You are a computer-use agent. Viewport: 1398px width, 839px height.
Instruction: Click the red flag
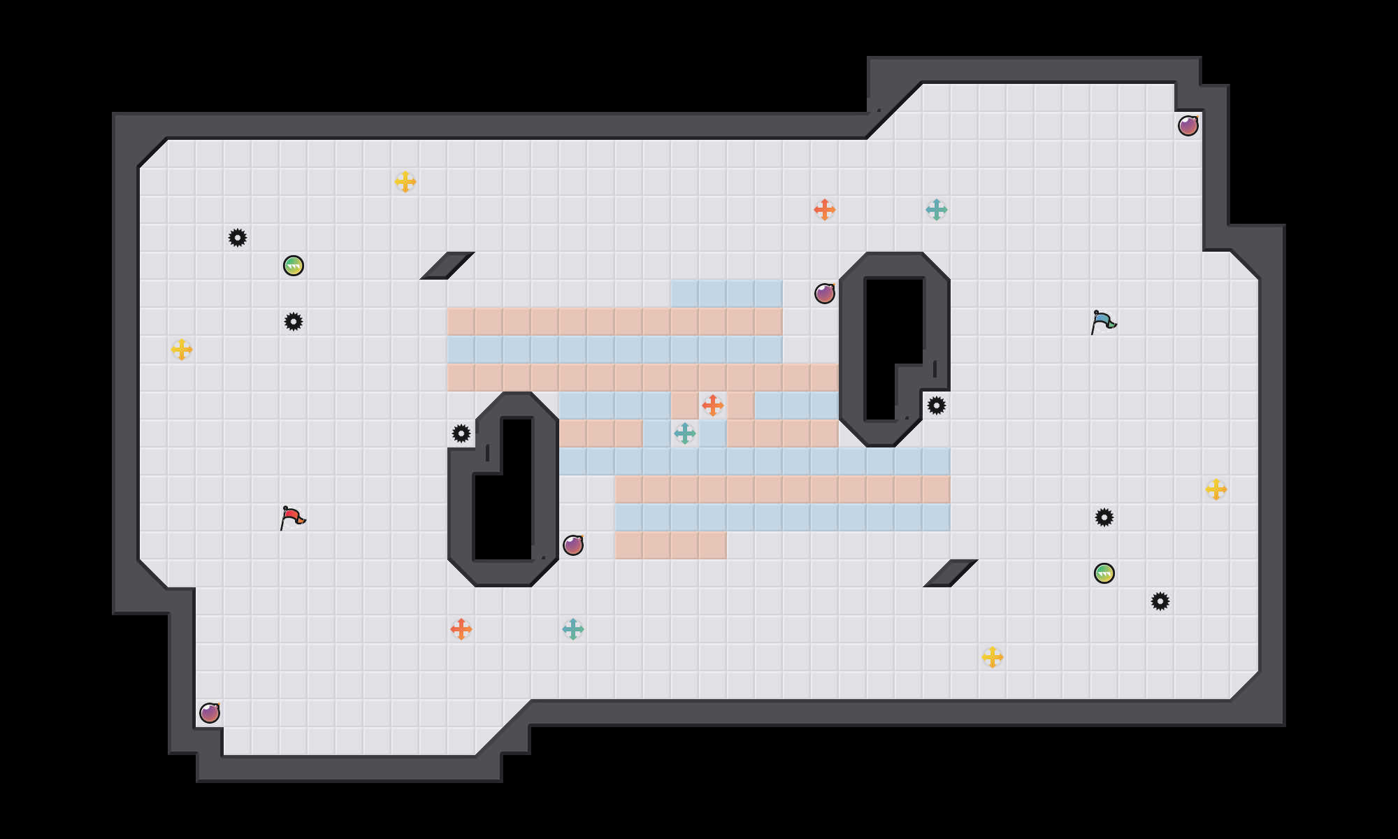pos(292,517)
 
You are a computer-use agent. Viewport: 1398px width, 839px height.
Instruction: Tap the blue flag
pos(1103,322)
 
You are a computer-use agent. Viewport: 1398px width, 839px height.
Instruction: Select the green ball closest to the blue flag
pos(1104,573)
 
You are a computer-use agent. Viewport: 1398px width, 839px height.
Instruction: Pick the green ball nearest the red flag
pos(294,266)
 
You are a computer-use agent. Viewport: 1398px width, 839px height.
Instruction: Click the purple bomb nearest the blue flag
pos(1188,126)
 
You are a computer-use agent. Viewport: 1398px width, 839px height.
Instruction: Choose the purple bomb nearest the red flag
pos(210,713)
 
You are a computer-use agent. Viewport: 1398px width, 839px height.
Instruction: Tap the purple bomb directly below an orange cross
pos(825,294)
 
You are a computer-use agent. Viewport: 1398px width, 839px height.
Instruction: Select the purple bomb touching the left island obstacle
pos(573,545)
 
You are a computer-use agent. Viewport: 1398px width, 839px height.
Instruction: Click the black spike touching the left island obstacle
pos(461,433)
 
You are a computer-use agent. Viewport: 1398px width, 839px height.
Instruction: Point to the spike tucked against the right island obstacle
pos(937,406)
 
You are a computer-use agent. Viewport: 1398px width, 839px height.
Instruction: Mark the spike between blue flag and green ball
pos(1104,517)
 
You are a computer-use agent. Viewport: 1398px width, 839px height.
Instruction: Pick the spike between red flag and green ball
pos(294,322)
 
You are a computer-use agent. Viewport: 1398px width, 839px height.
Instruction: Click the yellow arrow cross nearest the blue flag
pos(1216,489)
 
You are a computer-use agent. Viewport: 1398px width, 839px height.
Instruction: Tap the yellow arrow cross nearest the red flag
pos(182,350)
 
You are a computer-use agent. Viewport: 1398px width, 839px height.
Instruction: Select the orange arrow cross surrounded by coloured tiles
pos(713,406)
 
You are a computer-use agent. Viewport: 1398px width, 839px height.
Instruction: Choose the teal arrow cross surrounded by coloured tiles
pos(685,433)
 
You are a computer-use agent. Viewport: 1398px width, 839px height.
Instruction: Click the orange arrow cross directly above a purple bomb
pos(825,210)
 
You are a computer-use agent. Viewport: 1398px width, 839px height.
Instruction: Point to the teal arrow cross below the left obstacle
pos(573,629)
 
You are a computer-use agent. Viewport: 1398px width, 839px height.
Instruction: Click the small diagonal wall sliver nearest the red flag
pos(447,266)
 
